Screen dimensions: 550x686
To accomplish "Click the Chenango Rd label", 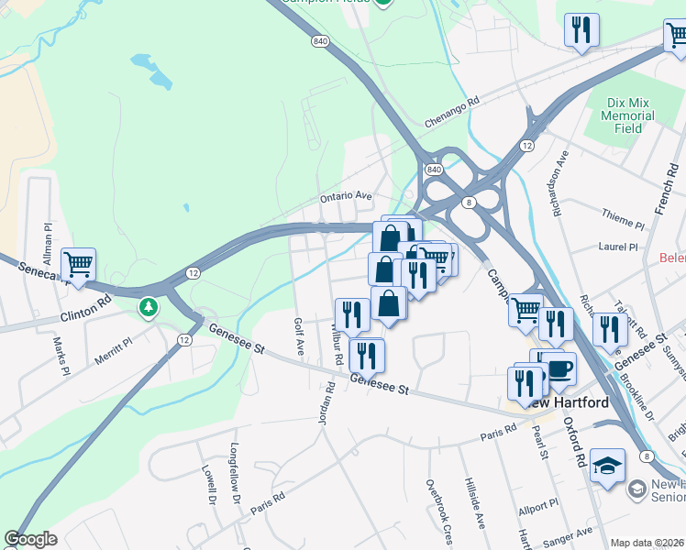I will tap(452, 114).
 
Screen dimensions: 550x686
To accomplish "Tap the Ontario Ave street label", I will tap(345, 196).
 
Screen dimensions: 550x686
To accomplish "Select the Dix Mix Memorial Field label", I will tap(628, 116).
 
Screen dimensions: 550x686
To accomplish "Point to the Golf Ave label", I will tap(299, 337).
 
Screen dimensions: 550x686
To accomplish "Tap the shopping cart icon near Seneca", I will tap(79, 265).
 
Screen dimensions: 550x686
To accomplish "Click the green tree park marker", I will tap(148, 306).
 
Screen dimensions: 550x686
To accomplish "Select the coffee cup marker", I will tap(559, 370).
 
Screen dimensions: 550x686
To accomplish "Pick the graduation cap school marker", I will tap(607, 466).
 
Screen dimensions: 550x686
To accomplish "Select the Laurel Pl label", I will tap(617, 247).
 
